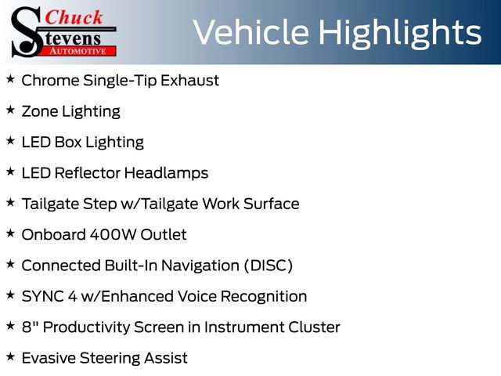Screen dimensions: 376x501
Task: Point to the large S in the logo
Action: click(28, 31)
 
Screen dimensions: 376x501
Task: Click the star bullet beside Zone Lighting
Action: click(10, 110)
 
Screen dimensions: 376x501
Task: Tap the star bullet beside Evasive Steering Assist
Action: click(10, 357)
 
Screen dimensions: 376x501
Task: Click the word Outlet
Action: click(161, 234)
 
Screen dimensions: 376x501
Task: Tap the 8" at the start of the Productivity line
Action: click(28, 327)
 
